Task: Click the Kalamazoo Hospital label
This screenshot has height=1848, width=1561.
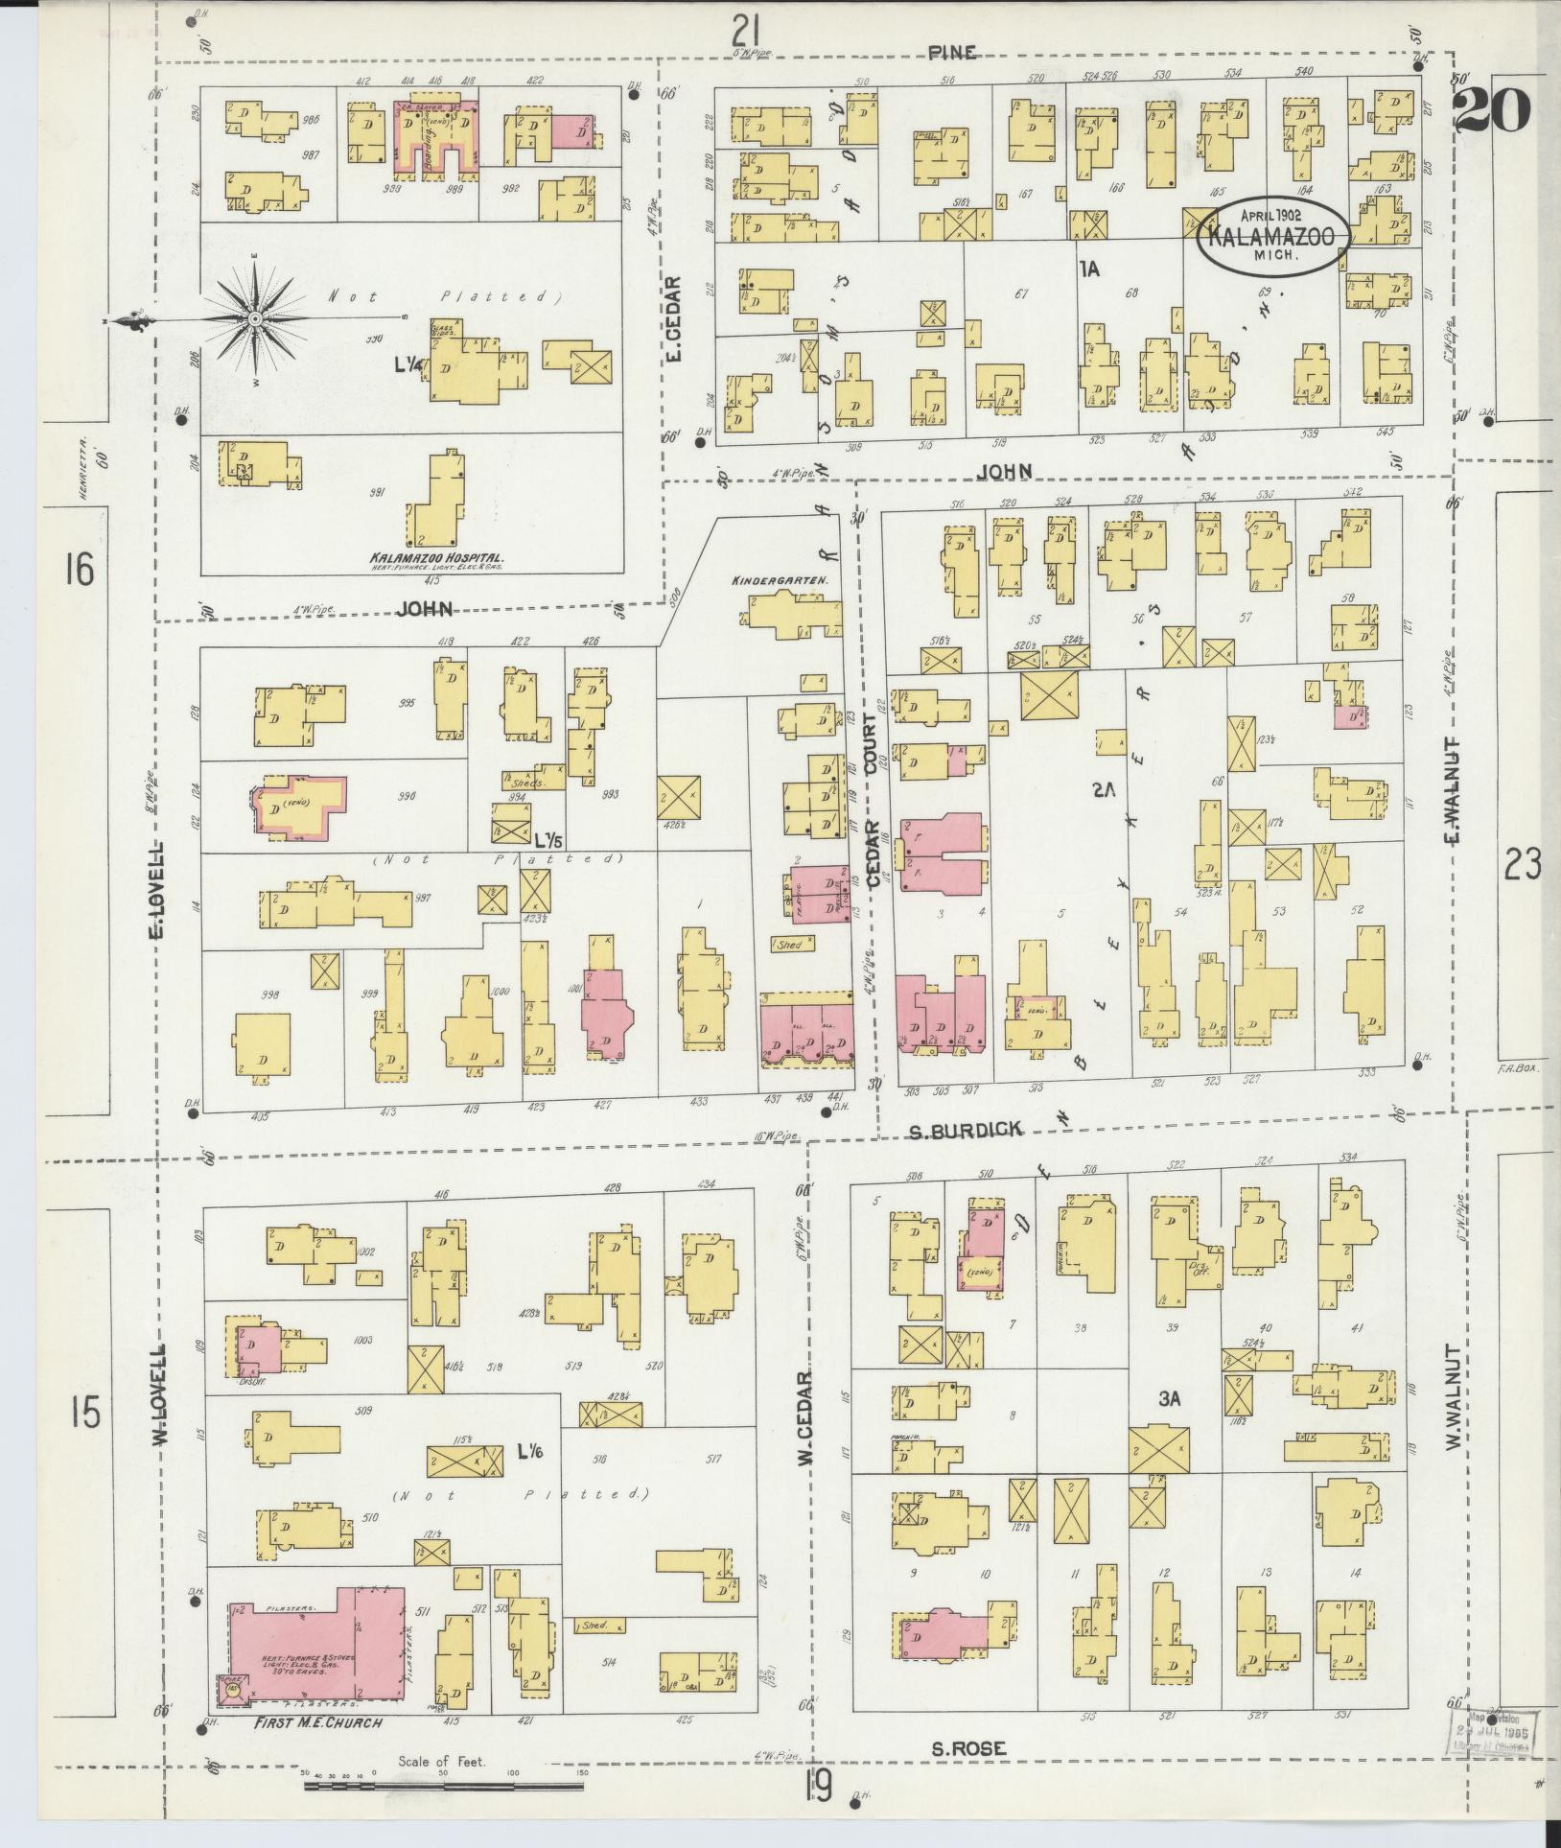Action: [x=437, y=556]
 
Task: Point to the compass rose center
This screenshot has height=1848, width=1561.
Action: [x=255, y=318]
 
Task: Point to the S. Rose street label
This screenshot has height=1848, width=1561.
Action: [x=969, y=1749]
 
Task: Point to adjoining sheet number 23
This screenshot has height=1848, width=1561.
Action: [x=1522, y=864]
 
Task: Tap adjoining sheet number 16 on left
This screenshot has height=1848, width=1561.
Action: [x=80, y=571]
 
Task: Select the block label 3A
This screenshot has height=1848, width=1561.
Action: [x=1168, y=1399]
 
